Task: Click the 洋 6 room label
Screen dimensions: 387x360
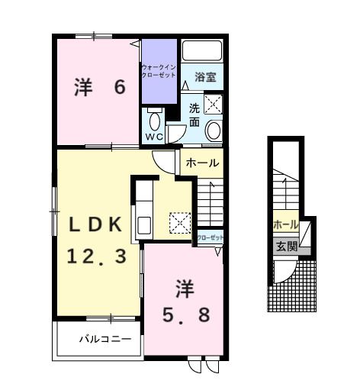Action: coord(98,88)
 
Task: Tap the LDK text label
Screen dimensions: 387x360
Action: coord(96,224)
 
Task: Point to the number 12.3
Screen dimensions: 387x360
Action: coord(96,256)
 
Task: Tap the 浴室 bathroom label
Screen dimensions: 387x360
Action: coord(204,76)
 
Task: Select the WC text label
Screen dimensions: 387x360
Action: coord(155,137)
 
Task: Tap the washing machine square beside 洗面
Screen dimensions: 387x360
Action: coord(213,105)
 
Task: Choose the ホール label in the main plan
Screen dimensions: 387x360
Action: coord(202,163)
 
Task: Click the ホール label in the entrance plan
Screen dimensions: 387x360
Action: coord(285,224)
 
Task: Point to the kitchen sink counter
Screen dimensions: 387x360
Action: coord(143,211)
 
